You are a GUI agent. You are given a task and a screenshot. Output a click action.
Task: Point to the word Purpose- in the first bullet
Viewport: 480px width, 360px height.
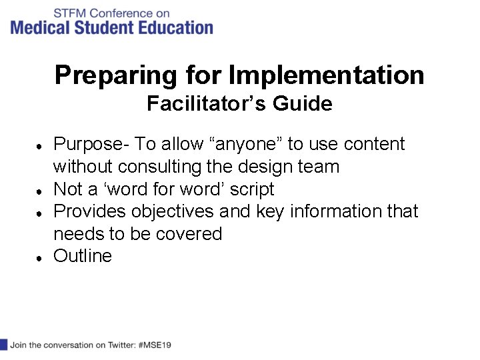point(91,144)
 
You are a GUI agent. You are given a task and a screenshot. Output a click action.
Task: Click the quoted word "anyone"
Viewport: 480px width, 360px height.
point(250,144)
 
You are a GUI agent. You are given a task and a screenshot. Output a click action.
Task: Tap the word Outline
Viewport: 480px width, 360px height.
point(83,256)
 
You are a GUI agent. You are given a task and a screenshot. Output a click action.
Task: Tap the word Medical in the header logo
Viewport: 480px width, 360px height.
point(39,27)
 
